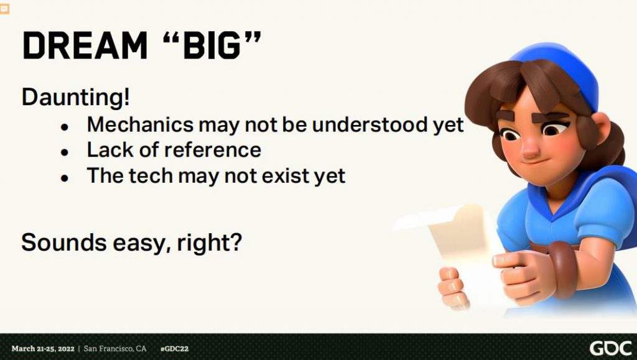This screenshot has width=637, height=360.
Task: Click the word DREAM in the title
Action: pos(85,45)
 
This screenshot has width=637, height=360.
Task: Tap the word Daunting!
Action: pos(76,98)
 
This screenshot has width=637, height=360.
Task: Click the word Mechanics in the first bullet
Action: pos(140,124)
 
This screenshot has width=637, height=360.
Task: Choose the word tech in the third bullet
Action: pos(150,176)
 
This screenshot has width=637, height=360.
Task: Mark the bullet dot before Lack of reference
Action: pos(65,152)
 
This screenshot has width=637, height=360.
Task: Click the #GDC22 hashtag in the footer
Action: pos(174,349)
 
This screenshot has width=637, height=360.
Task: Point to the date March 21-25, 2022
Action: pos(43,349)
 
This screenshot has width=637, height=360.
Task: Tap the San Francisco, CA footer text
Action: pos(115,349)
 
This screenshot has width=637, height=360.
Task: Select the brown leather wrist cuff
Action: pos(564,269)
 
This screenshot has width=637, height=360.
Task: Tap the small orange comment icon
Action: pos(4,9)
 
